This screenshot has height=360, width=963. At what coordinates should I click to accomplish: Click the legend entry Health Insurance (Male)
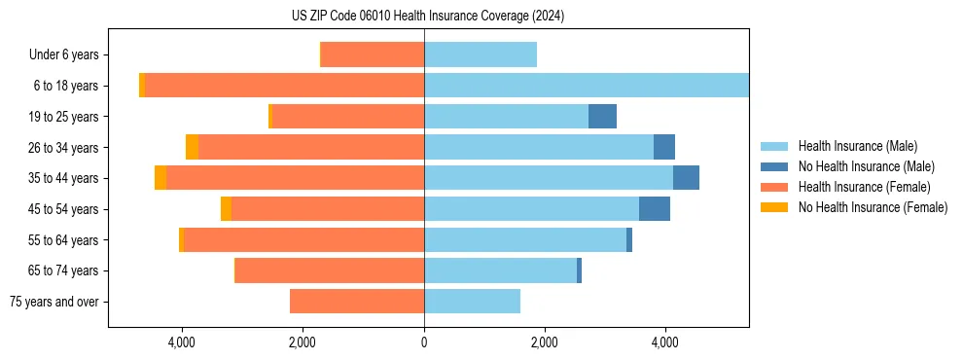857,146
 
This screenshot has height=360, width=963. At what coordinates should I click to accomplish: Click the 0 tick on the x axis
424,342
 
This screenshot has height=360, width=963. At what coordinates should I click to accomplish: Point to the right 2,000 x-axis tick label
545,342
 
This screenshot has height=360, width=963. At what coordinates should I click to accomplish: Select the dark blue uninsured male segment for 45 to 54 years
654,209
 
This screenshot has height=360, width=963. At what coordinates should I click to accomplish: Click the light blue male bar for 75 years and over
472,302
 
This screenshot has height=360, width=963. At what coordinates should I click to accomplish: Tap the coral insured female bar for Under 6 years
373,54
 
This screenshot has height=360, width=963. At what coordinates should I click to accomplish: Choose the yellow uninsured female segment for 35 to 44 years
160,178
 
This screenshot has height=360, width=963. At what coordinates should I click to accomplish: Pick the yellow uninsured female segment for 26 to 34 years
192,147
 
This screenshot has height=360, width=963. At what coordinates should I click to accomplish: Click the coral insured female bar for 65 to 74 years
330,270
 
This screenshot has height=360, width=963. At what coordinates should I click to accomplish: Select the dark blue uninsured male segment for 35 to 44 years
686,178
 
